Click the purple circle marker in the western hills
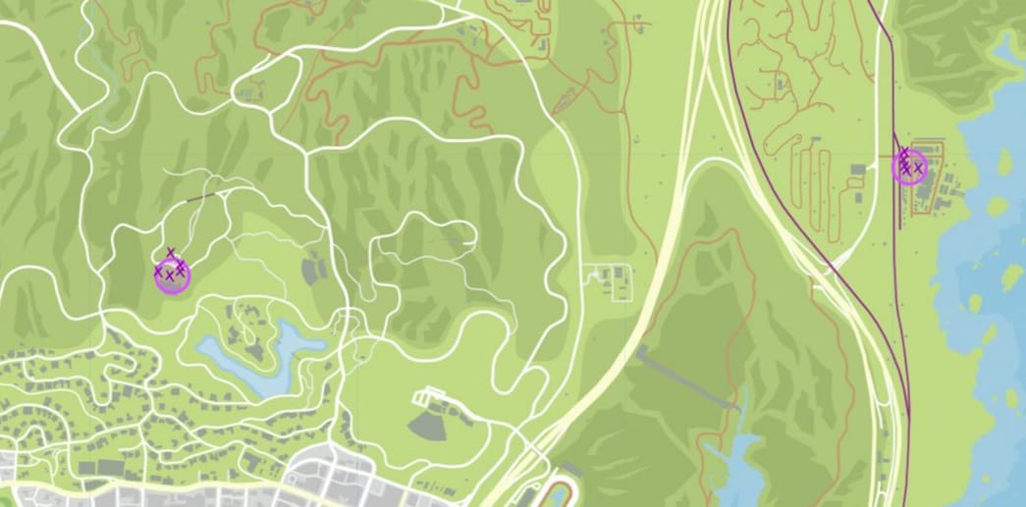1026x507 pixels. [x=171, y=276]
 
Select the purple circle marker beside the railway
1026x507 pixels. [x=909, y=167]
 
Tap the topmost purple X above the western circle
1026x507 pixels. [x=171, y=253]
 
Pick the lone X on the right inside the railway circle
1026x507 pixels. [x=918, y=169]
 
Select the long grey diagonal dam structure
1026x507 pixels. [x=686, y=378]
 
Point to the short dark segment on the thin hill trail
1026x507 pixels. [x=200, y=198]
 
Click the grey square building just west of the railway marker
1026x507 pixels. [x=857, y=170]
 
